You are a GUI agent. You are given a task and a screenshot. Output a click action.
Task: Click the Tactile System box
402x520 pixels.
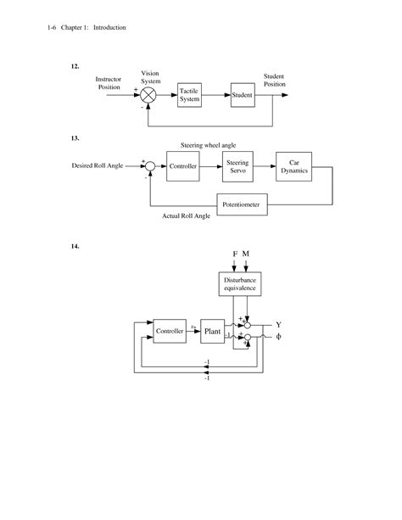point(190,95)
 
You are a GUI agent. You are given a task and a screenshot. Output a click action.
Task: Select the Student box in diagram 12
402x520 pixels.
point(243,95)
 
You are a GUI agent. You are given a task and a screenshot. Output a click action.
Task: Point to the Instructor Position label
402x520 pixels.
point(109,83)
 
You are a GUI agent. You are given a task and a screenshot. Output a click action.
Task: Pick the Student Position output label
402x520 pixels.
point(274,80)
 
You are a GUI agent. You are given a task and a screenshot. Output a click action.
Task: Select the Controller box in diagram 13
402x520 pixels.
point(183,166)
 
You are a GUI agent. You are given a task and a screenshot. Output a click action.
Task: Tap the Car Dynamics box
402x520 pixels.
point(294,166)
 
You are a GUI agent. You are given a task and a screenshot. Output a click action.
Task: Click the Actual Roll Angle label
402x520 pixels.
point(187,217)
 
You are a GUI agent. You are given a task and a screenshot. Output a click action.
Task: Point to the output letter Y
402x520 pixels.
point(278,324)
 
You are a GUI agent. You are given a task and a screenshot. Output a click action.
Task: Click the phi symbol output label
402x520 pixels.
point(278,338)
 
